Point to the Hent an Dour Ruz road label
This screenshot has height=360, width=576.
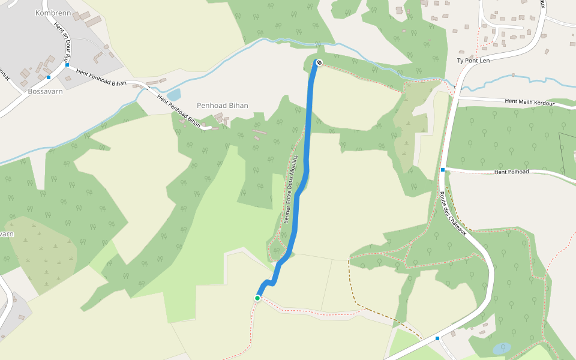[63, 45]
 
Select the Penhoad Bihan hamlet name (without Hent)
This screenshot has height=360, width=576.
[223, 106]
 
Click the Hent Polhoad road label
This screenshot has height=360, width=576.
[511, 172]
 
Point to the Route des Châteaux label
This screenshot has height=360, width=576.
[452, 213]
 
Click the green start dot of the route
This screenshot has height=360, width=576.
[257, 298]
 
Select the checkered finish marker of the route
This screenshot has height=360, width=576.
[319, 62]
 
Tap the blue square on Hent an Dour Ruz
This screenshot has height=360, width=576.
[68, 65]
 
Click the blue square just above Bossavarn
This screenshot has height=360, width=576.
[49, 77]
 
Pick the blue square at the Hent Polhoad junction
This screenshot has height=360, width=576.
[443, 170]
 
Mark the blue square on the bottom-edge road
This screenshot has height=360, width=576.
[437, 338]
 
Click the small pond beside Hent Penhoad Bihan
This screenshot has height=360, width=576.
[173, 95]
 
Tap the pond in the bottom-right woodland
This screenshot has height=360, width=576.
[502, 347]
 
